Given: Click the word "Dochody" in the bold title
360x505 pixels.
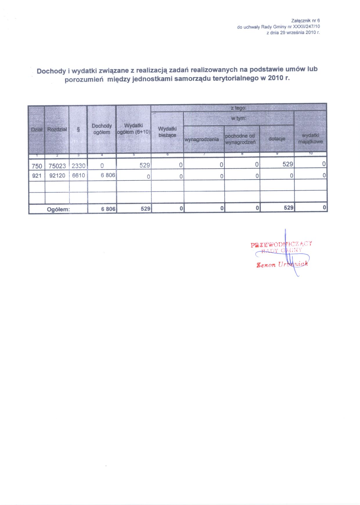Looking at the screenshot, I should (x=51, y=71).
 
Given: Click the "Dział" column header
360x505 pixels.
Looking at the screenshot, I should (x=37, y=130).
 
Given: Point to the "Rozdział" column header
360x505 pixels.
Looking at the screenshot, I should (x=57, y=129).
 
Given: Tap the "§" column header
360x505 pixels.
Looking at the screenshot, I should (x=78, y=130).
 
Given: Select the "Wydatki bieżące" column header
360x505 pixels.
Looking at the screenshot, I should (x=167, y=132).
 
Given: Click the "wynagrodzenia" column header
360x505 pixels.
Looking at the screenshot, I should (x=201, y=139).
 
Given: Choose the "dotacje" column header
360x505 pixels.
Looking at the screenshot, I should (x=277, y=139).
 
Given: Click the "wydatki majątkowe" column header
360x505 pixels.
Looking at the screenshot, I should (x=310, y=139).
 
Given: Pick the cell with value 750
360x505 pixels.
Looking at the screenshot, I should (x=37, y=166).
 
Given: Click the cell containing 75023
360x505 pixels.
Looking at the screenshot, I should (x=57, y=166).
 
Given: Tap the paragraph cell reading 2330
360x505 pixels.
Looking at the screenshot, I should (x=78, y=166).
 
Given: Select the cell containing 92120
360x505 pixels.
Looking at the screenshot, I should (x=57, y=176).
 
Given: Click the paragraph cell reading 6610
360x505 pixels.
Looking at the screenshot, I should (x=78, y=176).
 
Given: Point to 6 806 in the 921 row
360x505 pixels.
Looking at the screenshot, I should (x=108, y=175).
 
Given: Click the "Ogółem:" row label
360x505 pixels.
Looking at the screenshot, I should (x=58, y=209).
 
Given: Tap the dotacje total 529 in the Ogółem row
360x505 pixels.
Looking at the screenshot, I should (x=289, y=208).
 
